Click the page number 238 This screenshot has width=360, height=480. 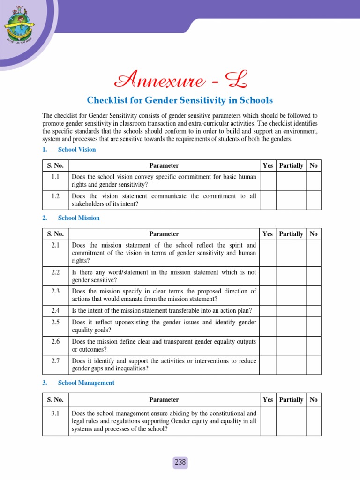pyautogui.click(x=180, y=462)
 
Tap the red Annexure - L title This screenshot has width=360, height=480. pyautogui.click(x=180, y=81)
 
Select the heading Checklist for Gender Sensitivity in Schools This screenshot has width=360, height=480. pyautogui.click(x=180, y=100)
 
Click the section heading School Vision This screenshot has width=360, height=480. pyautogui.click(x=76, y=150)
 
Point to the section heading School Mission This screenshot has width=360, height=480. pyautogui.click(x=78, y=218)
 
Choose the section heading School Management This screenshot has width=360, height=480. pyautogui.click(x=86, y=383)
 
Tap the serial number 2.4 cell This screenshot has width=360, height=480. pyautogui.click(x=55, y=310)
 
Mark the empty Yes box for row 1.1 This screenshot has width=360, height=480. pyautogui.click(x=268, y=181)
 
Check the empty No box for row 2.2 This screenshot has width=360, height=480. pyautogui.click(x=314, y=277)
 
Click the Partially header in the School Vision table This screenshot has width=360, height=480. pyautogui.click(x=291, y=165)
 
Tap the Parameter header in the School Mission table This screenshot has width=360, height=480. pyautogui.click(x=164, y=234)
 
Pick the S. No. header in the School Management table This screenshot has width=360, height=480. pyautogui.click(x=55, y=400)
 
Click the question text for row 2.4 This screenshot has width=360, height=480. pyautogui.click(x=162, y=310)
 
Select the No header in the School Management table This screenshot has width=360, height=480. pyautogui.click(x=314, y=400)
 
